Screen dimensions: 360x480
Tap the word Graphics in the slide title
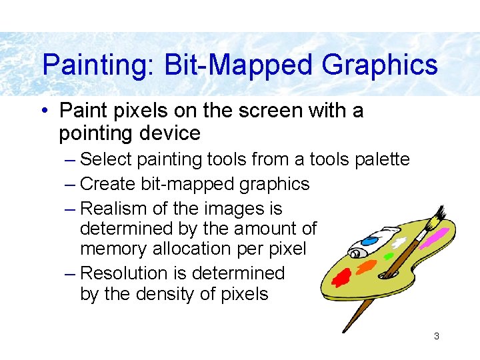[x=379, y=65]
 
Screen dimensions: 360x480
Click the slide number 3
[x=436, y=336]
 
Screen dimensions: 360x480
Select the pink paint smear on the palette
[x=435, y=235]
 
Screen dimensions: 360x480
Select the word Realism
[x=115, y=209]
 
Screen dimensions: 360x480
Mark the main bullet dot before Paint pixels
[x=44, y=111]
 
